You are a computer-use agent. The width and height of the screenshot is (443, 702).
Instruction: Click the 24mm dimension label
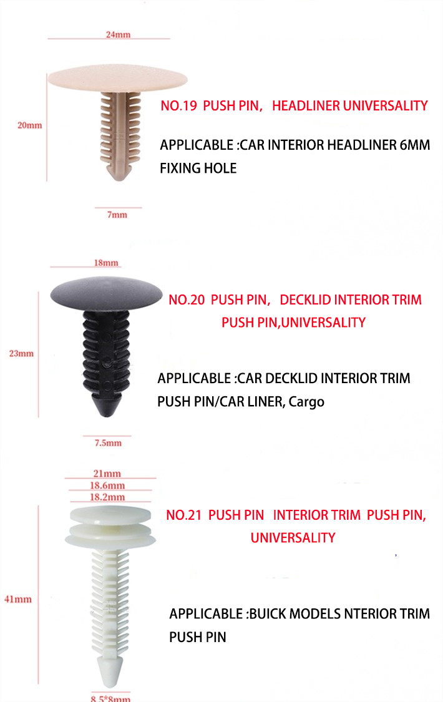(x=118, y=34)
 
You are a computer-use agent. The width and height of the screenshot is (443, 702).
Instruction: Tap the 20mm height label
(x=29, y=125)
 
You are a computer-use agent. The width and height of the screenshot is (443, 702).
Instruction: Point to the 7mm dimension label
(x=117, y=215)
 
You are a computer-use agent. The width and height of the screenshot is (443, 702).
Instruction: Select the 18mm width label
(x=106, y=263)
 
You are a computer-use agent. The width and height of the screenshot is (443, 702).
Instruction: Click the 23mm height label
(x=21, y=353)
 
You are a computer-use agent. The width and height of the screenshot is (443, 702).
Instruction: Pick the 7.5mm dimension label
(x=108, y=443)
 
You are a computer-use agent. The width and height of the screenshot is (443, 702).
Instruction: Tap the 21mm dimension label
(x=107, y=473)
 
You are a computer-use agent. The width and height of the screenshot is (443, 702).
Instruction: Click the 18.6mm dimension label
(x=107, y=485)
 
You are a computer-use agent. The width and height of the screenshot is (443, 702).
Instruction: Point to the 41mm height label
(x=18, y=599)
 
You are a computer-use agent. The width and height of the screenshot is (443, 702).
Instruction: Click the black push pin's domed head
(x=106, y=293)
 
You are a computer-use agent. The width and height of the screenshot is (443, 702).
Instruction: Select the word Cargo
(x=306, y=402)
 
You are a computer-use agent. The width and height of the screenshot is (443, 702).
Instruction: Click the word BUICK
(x=268, y=613)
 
